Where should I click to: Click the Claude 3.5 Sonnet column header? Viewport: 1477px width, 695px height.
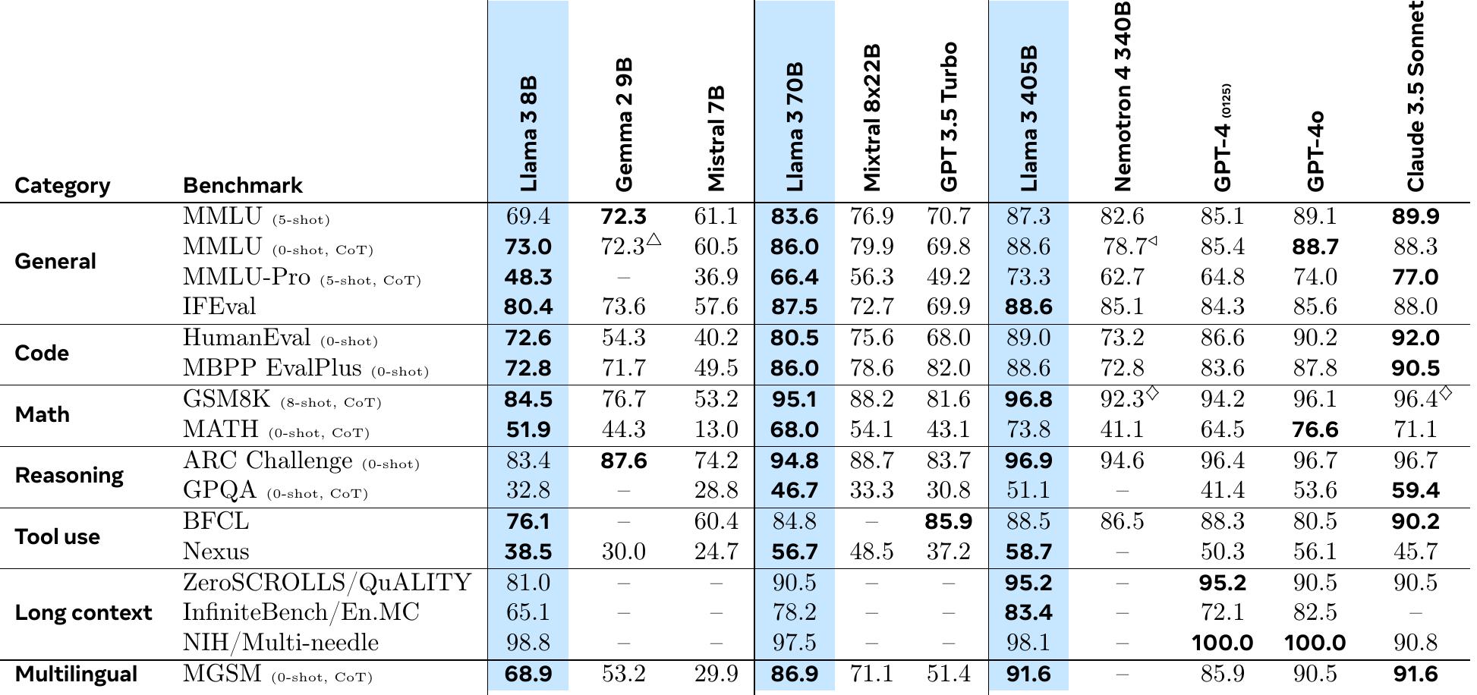[1416, 97]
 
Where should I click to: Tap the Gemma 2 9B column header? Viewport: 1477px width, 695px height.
[623, 125]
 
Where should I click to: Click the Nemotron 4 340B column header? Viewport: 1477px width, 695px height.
[1123, 96]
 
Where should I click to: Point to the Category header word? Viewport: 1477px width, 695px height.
[62, 185]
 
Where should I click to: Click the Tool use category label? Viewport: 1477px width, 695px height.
[58, 536]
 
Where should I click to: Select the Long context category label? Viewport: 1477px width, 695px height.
[83, 612]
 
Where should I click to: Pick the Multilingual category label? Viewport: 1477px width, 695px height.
[76, 674]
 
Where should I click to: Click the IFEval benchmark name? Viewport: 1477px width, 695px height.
[219, 307]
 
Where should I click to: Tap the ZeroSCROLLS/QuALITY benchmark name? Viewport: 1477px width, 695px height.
[327, 582]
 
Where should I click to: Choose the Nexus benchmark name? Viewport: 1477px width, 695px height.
[216, 552]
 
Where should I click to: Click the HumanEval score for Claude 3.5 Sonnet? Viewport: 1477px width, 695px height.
[1416, 338]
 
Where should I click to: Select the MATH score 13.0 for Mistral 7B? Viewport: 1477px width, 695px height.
[716, 429]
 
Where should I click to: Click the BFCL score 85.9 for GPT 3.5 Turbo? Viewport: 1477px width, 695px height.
[948, 521]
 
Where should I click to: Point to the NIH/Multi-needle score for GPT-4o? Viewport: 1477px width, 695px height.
[1315, 643]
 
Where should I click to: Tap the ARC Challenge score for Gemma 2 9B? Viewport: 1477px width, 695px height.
[623, 461]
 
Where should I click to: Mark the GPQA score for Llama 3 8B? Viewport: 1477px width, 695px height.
[527, 491]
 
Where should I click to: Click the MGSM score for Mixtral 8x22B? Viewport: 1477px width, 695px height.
[871, 674]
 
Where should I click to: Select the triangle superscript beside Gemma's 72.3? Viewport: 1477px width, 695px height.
[653, 240]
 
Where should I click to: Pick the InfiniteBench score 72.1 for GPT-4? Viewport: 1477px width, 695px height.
[1222, 612]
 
